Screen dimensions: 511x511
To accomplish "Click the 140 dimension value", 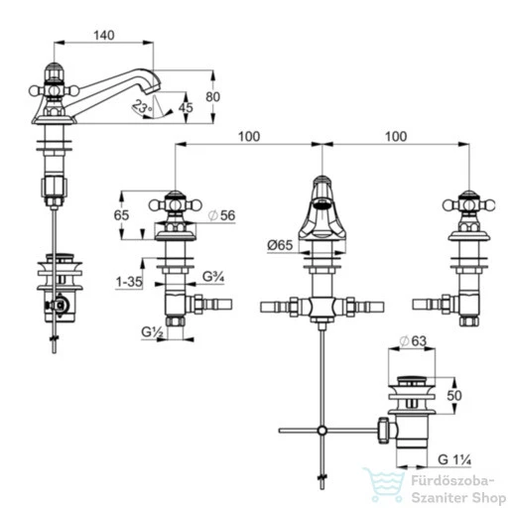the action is [x=104, y=35].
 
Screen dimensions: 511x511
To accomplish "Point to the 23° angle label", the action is [x=141, y=106].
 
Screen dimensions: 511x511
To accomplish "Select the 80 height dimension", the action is [x=212, y=97].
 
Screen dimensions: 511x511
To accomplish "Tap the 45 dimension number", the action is [x=186, y=107].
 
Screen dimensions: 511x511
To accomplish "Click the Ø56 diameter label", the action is [x=221, y=215].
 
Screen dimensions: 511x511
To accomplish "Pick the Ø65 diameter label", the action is [x=280, y=245].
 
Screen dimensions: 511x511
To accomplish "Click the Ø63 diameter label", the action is [x=413, y=341].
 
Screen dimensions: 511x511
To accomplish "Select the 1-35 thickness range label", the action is [x=129, y=282].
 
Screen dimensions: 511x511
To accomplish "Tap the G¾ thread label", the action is [x=213, y=277].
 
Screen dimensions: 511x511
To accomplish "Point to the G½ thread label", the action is [x=153, y=331].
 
